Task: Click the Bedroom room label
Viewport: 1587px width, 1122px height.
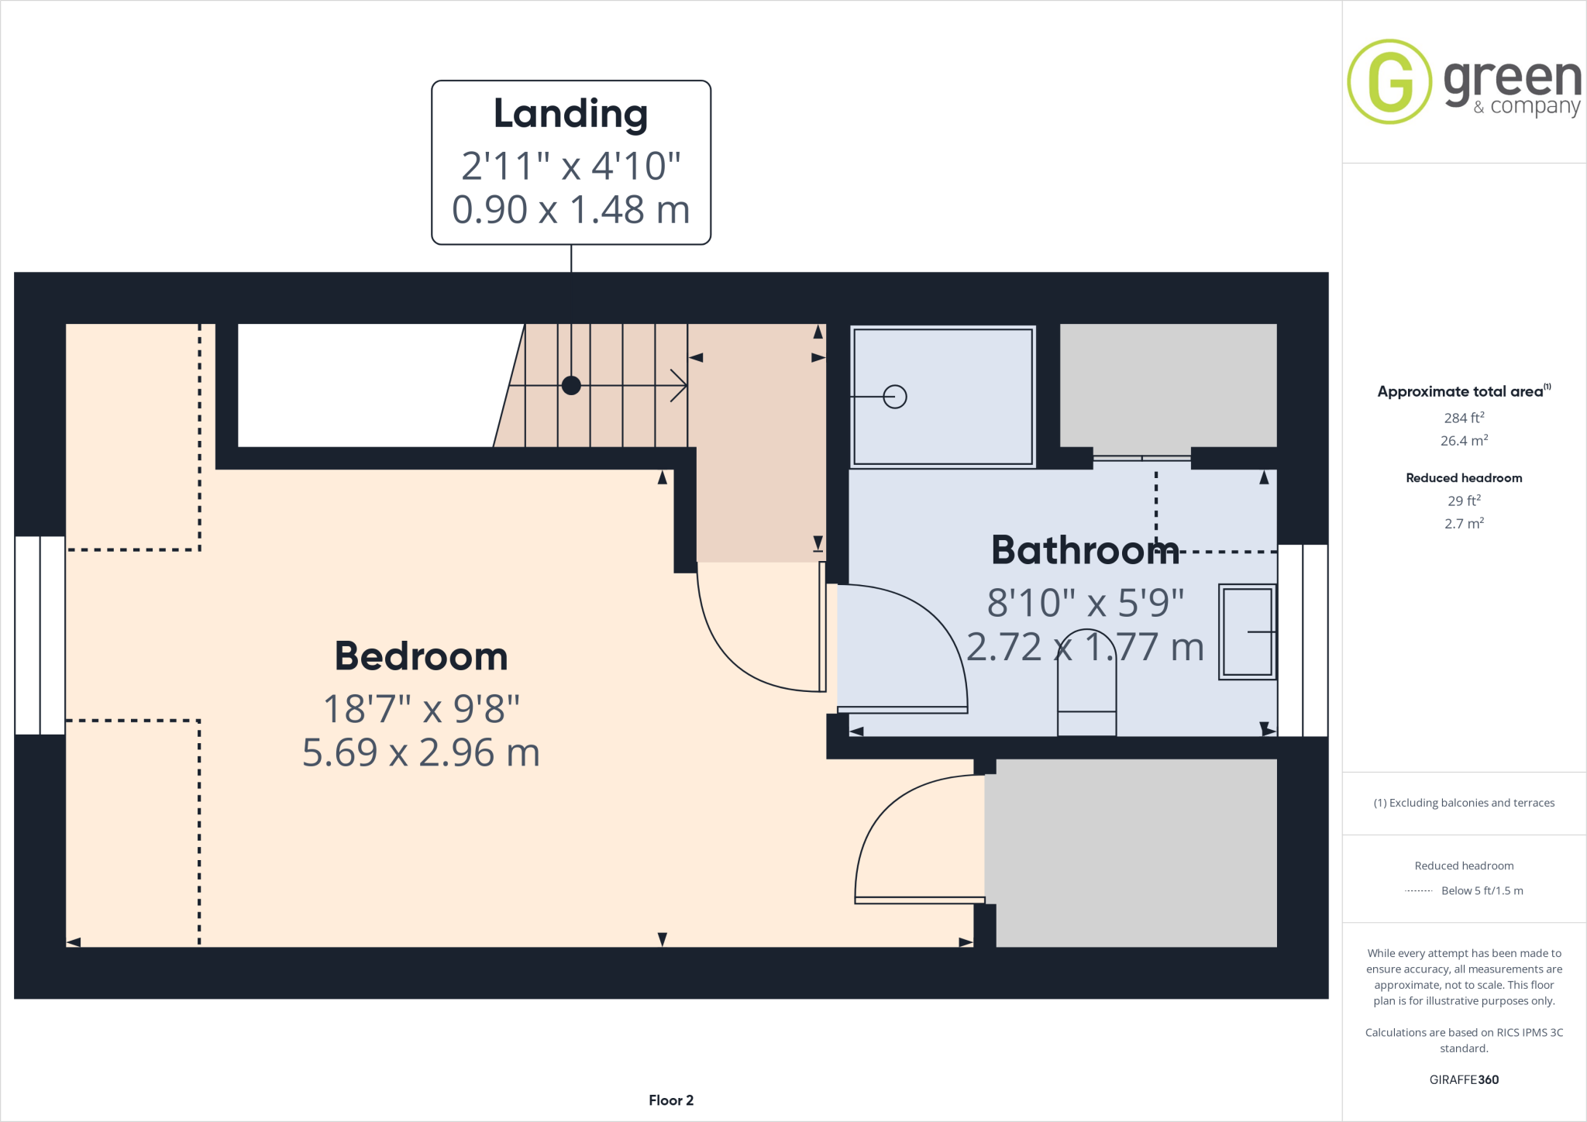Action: point(421,656)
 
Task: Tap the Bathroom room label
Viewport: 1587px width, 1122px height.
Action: point(1085,550)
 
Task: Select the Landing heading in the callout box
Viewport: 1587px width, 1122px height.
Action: point(571,114)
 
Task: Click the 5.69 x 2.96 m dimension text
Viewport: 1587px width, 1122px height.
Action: point(421,752)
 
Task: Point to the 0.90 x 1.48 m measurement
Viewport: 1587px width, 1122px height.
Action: point(571,209)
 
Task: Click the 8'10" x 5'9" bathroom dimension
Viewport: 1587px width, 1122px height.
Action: point(1085,603)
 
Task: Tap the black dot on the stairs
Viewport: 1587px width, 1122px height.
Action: point(571,385)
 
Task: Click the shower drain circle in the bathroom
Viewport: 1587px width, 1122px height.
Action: point(895,397)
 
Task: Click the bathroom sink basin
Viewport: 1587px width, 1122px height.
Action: point(1247,632)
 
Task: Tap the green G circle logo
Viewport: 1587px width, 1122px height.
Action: point(1389,81)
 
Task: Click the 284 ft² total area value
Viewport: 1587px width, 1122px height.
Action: point(1464,418)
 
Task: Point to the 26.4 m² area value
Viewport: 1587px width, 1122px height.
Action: point(1464,441)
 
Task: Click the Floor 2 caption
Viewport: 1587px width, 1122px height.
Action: point(671,1100)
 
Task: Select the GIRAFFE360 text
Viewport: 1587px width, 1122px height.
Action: point(1464,1079)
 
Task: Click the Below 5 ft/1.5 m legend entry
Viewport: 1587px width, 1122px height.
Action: point(1482,891)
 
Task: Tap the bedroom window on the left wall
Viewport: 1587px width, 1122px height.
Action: point(40,635)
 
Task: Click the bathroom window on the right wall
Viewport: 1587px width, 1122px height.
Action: point(1303,640)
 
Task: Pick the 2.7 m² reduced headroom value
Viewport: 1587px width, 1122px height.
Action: point(1464,524)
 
